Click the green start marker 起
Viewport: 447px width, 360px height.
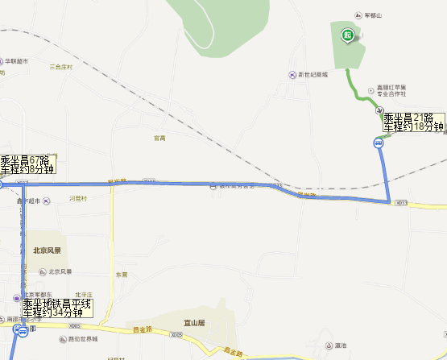tap(347, 35)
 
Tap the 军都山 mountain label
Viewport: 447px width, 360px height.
tap(371, 16)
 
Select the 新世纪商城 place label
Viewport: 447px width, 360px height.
tap(313, 75)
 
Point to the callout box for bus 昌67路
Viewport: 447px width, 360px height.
tap(27, 164)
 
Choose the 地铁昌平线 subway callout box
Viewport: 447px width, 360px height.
tap(58, 308)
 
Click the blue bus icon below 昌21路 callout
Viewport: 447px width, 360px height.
tap(378, 143)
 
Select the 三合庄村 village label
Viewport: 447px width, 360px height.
tap(60, 67)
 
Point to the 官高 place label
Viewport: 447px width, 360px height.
tap(159, 138)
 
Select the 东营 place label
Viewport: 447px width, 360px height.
tap(121, 275)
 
